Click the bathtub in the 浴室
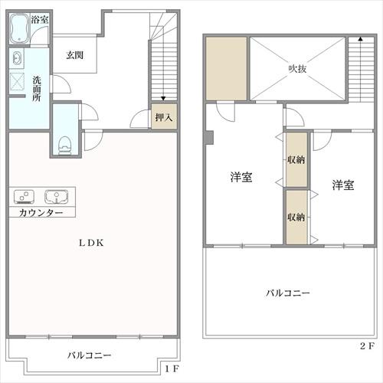click(20, 28)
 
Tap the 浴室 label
click(40, 20)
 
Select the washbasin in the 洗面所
click(17, 58)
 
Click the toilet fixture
click(64, 146)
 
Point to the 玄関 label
click(75, 55)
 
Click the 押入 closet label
click(164, 117)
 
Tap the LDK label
click(91, 243)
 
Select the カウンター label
click(41, 213)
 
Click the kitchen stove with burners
click(24, 197)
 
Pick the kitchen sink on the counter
click(57, 197)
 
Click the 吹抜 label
click(297, 69)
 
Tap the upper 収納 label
click(296, 160)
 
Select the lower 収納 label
click(296, 217)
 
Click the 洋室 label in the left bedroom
click(241, 177)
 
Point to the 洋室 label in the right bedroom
click(343, 185)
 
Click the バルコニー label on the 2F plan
click(288, 293)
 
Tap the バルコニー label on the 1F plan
click(90, 355)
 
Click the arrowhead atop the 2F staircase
click(360, 39)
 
